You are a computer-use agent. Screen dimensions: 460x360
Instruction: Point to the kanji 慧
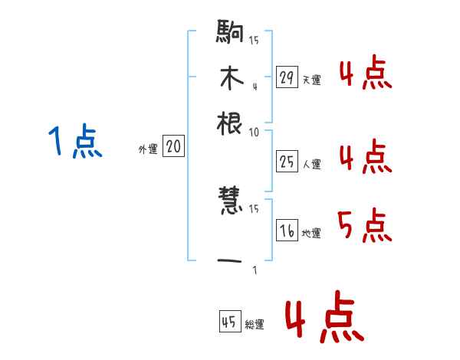click(x=231, y=202)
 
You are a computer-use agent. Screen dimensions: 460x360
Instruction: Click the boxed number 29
click(x=287, y=77)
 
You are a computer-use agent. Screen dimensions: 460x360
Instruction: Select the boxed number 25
click(x=287, y=161)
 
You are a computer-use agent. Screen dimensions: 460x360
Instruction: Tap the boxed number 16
click(x=287, y=231)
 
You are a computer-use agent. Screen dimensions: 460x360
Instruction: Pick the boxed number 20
click(x=173, y=147)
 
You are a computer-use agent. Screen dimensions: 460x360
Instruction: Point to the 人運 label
click(x=311, y=164)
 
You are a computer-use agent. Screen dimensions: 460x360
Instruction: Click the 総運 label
click(x=255, y=325)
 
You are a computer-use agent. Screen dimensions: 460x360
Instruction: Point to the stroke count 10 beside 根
click(x=254, y=131)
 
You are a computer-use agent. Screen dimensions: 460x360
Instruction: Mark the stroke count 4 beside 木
click(x=255, y=86)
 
